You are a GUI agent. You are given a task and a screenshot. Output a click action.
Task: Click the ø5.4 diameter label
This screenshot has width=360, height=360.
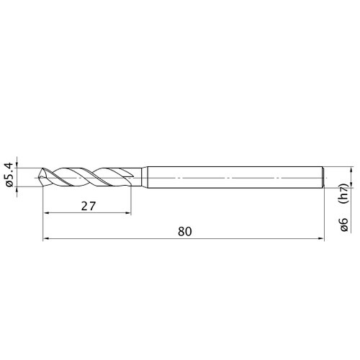[9, 175]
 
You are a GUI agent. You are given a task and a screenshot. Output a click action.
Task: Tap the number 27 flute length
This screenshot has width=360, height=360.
[89, 206]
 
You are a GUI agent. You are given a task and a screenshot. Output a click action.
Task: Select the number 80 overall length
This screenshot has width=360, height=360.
[185, 232]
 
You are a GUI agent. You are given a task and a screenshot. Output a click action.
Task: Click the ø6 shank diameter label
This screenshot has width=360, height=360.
[344, 225]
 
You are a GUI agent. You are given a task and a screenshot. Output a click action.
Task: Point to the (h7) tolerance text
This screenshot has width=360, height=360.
[344, 194]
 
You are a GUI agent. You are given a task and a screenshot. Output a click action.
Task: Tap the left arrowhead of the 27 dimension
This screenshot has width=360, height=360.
[45, 212]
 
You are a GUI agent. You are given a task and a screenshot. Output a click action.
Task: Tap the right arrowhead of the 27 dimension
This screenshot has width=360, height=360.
[128, 212]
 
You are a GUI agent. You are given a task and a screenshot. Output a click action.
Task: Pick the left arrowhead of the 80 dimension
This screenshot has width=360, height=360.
[45, 238]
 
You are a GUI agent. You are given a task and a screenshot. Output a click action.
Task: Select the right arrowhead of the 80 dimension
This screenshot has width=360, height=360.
[321, 238]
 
